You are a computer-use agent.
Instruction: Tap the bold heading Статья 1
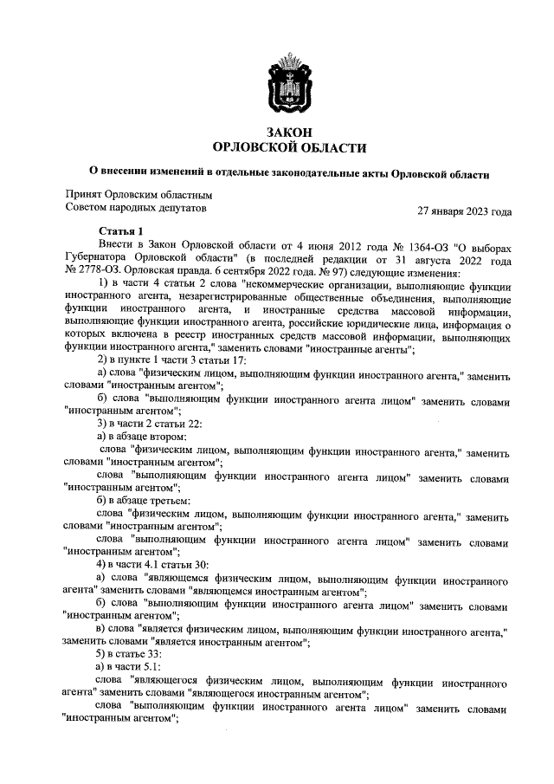point(120,231)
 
